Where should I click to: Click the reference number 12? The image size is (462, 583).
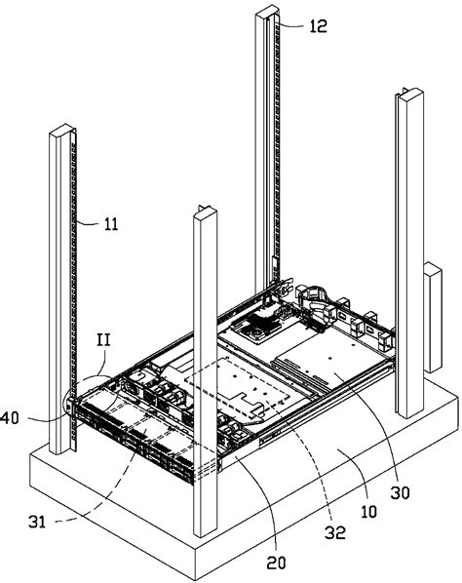coord(318,26)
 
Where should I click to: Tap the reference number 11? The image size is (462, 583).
coord(111,224)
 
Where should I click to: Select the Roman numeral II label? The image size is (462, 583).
coord(103,340)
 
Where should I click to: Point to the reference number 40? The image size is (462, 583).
coord(10,418)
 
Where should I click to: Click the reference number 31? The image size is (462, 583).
coord(37,522)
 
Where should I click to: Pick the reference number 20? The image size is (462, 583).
coord(276,563)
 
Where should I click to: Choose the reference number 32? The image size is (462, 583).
coord(335,533)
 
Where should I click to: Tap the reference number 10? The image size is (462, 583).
coord(369,512)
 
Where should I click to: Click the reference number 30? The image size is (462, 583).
coord(400,492)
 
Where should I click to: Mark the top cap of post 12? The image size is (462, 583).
coord(267,11)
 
